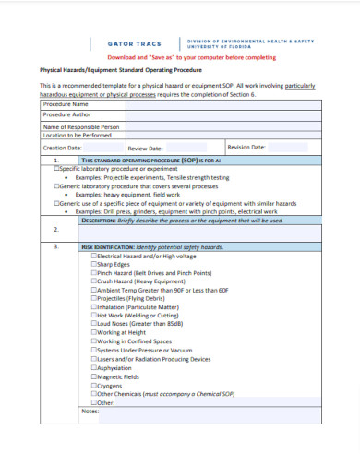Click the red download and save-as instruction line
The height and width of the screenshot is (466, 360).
tap(180, 57)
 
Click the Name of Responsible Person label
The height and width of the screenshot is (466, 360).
tap(81, 125)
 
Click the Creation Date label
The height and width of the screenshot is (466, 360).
tap(62, 147)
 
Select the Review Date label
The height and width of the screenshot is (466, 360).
tap(145, 148)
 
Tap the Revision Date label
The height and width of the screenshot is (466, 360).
tap(246, 147)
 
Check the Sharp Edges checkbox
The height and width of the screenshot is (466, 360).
tap(94, 265)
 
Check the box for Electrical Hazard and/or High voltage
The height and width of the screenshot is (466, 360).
tap(94, 256)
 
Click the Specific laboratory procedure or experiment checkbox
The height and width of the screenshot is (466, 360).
tap(57, 170)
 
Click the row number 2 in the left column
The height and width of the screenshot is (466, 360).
tap(56, 230)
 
